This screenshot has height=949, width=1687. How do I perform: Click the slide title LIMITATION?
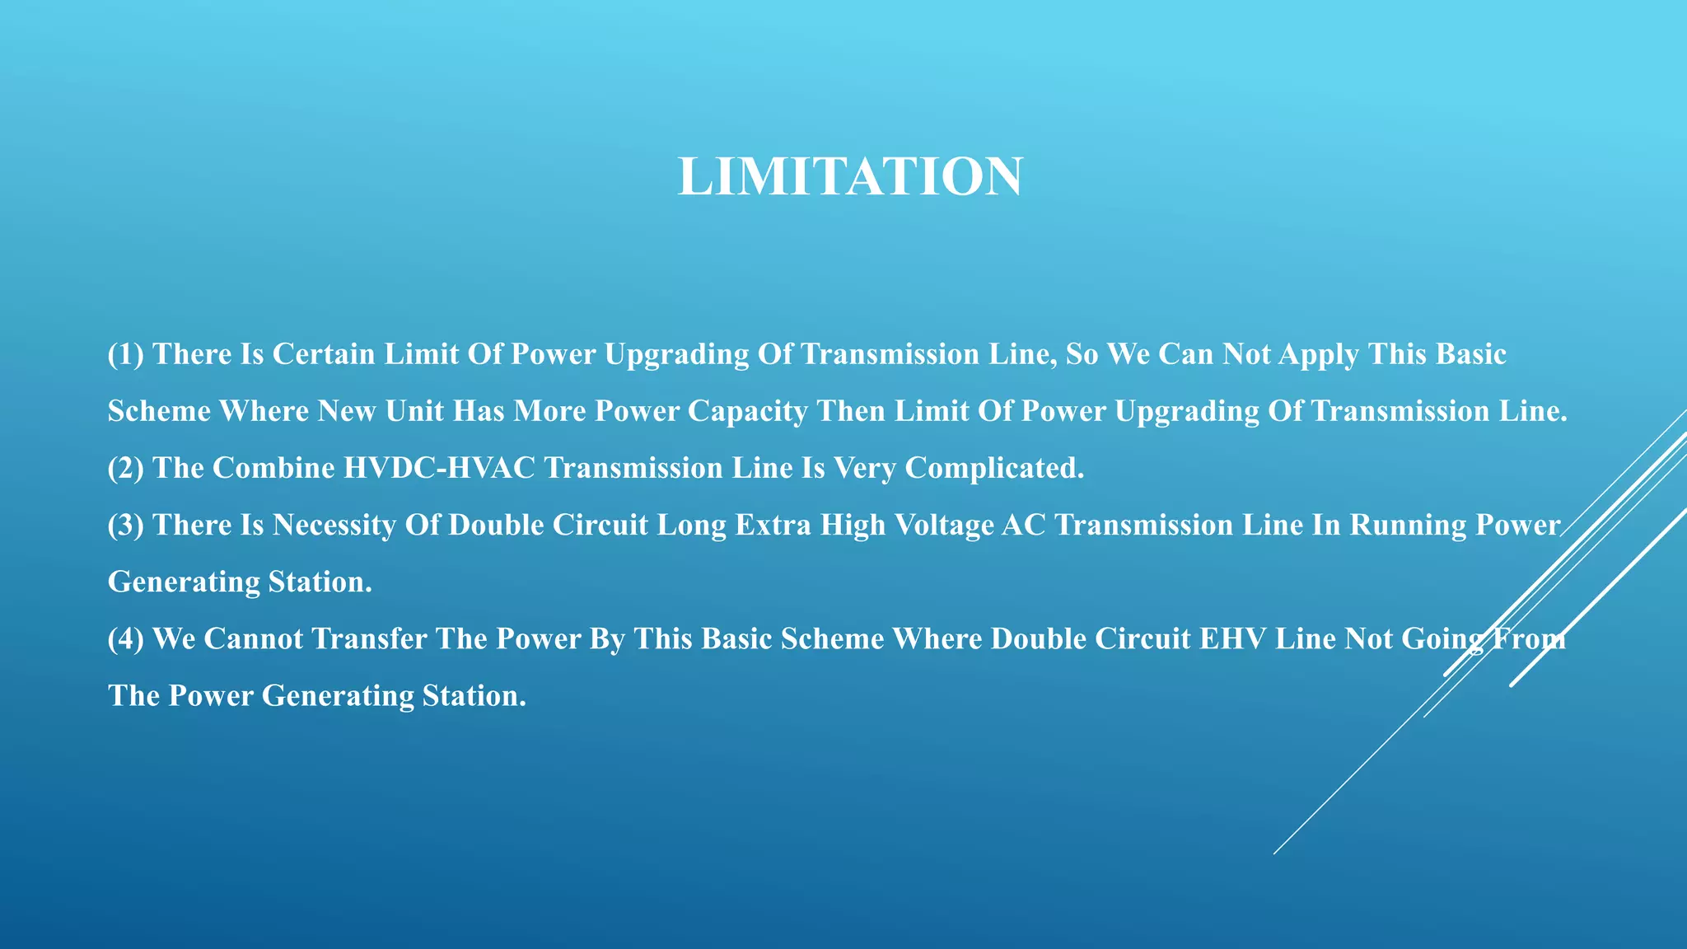coord(850,176)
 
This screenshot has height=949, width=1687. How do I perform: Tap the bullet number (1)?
coord(125,354)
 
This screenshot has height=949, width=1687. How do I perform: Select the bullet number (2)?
coord(125,468)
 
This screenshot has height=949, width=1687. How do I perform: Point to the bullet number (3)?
coord(125,525)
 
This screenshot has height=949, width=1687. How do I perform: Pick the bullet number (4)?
coord(125,638)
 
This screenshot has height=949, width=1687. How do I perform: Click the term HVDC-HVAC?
coord(439,468)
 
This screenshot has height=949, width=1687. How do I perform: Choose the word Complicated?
coord(994,468)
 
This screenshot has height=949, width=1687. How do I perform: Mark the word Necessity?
coord(334,525)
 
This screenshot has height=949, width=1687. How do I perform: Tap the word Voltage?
coord(943,525)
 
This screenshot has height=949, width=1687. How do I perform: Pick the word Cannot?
coord(254,638)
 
